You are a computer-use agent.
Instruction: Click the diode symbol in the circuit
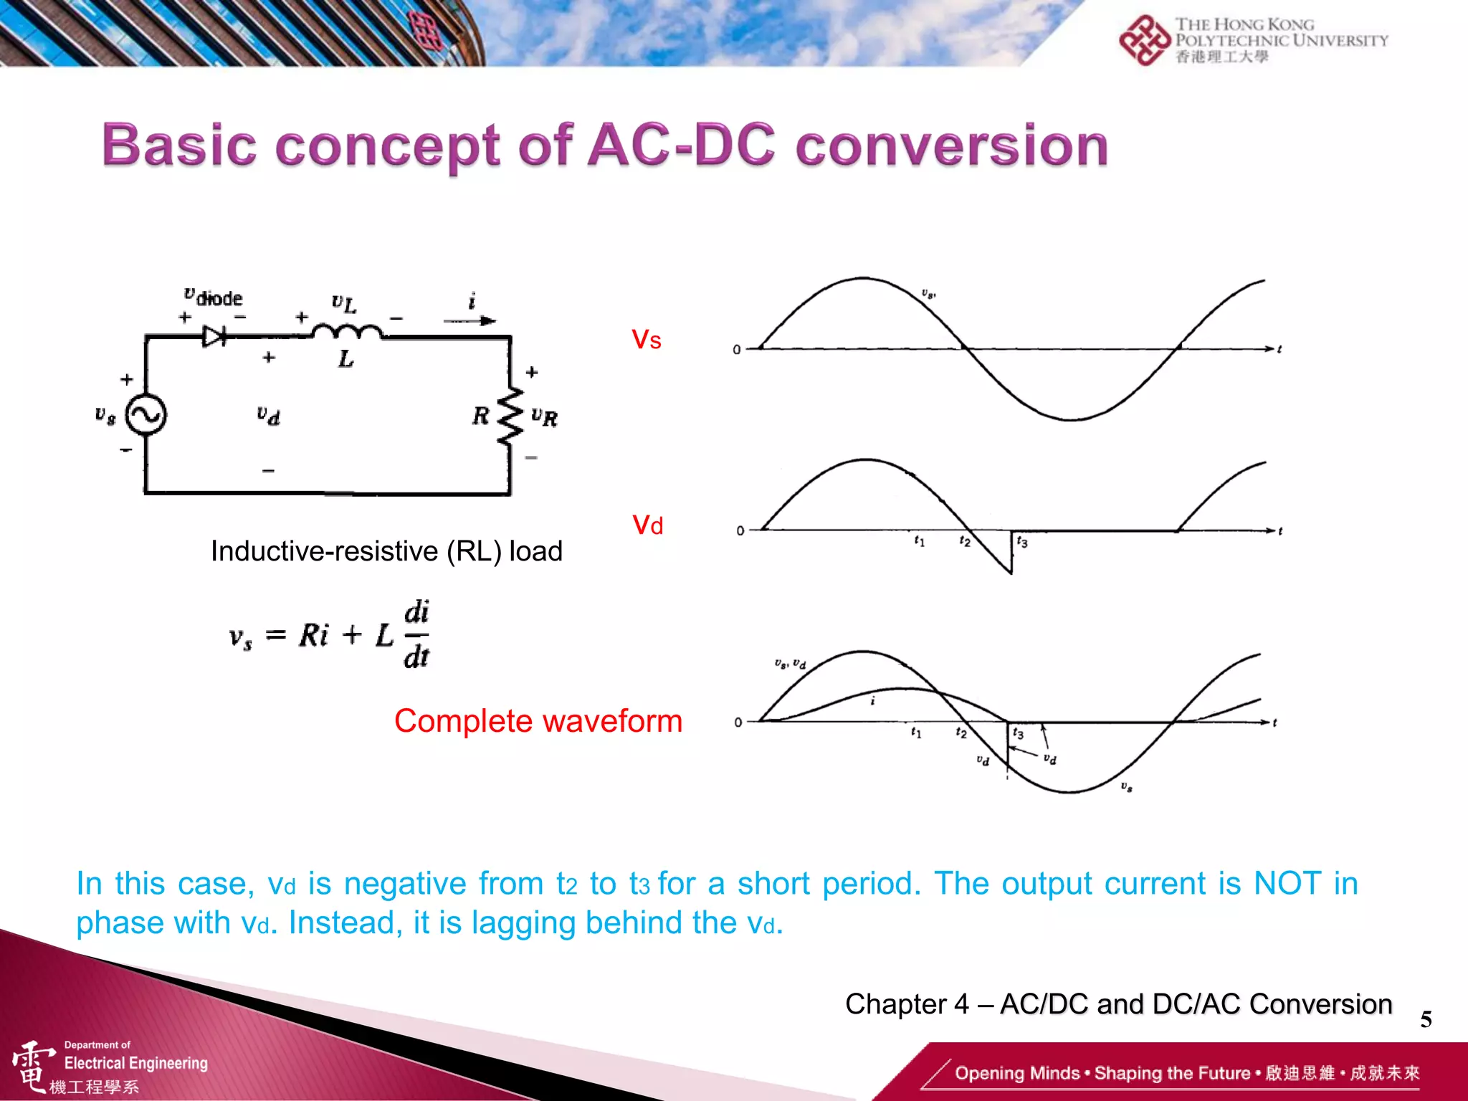click(x=214, y=336)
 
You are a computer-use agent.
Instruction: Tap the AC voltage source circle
click(x=146, y=414)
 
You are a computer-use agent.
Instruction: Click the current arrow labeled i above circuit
click(x=470, y=320)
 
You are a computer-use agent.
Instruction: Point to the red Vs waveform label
click(x=646, y=340)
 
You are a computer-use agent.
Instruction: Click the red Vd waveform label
click(x=647, y=525)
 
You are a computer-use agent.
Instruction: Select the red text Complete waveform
click(x=538, y=721)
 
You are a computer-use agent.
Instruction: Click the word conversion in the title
click(x=952, y=146)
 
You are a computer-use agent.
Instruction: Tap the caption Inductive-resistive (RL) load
click(x=386, y=551)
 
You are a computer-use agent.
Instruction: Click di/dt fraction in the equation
click(x=416, y=635)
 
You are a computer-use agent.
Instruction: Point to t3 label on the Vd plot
click(x=1021, y=542)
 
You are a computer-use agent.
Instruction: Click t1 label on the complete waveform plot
click(x=916, y=732)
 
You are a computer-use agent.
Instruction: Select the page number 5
click(x=1426, y=1019)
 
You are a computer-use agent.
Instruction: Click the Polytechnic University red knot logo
click(x=1144, y=40)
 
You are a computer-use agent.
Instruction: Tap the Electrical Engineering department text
click(x=135, y=1063)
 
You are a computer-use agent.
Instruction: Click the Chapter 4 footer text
click(x=1118, y=1004)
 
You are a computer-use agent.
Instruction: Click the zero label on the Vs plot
click(x=736, y=350)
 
